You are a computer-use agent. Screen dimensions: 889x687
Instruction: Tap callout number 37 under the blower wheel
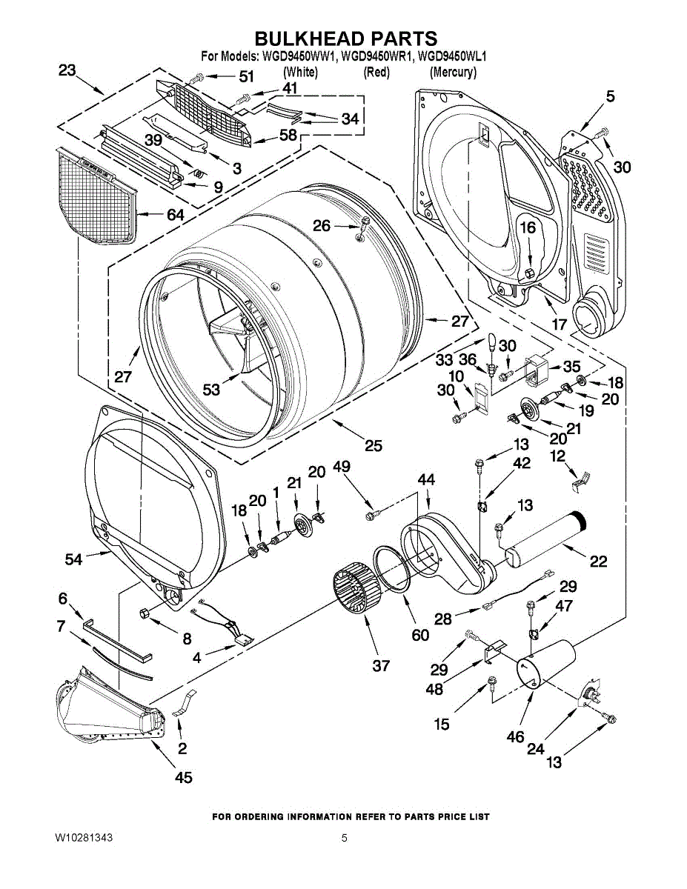pyautogui.click(x=381, y=666)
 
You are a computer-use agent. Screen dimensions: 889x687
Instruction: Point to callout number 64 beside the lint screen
pyautogui.click(x=176, y=215)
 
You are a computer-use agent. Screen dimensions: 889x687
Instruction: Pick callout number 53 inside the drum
pyautogui.click(x=212, y=390)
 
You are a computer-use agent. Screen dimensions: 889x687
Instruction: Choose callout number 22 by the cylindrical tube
pyautogui.click(x=598, y=562)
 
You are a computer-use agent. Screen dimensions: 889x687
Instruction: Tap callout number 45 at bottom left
pyautogui.click(x=183, y=777)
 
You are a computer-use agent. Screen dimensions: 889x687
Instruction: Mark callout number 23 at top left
pyautogui.click(x=67, y=71)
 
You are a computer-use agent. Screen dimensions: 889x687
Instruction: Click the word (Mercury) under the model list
pyautogui.click(x=453, y=73)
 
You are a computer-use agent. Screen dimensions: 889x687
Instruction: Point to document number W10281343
pyautogui.click(x=84, y=838)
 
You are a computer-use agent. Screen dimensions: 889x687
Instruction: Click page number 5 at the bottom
pyautogui.click(x=344, y=838)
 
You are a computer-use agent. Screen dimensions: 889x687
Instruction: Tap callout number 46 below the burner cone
pyautogui.click(x=515, y=736)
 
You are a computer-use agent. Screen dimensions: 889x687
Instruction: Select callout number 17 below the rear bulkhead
pyautogui.click(x=560, y=324)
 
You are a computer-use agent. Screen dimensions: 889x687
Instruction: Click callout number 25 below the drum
pyautogui.click(x=373, y=445)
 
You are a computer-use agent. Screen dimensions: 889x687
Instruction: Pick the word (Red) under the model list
pyautogui.click(x=376, y=73)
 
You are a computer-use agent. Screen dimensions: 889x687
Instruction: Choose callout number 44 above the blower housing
pyautogui.click(x=426, y=480)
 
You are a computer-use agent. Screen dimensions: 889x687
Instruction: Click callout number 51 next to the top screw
pyautogui.click(x=245, y=76)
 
